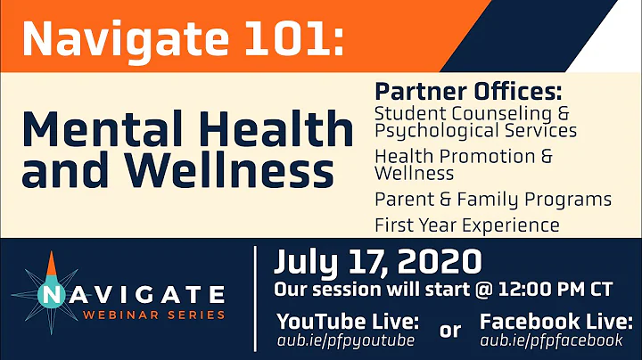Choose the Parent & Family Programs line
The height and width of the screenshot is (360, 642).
(492, 199)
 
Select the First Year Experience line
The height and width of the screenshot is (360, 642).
(466, 225)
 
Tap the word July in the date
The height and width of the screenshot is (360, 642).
(309, 264)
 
